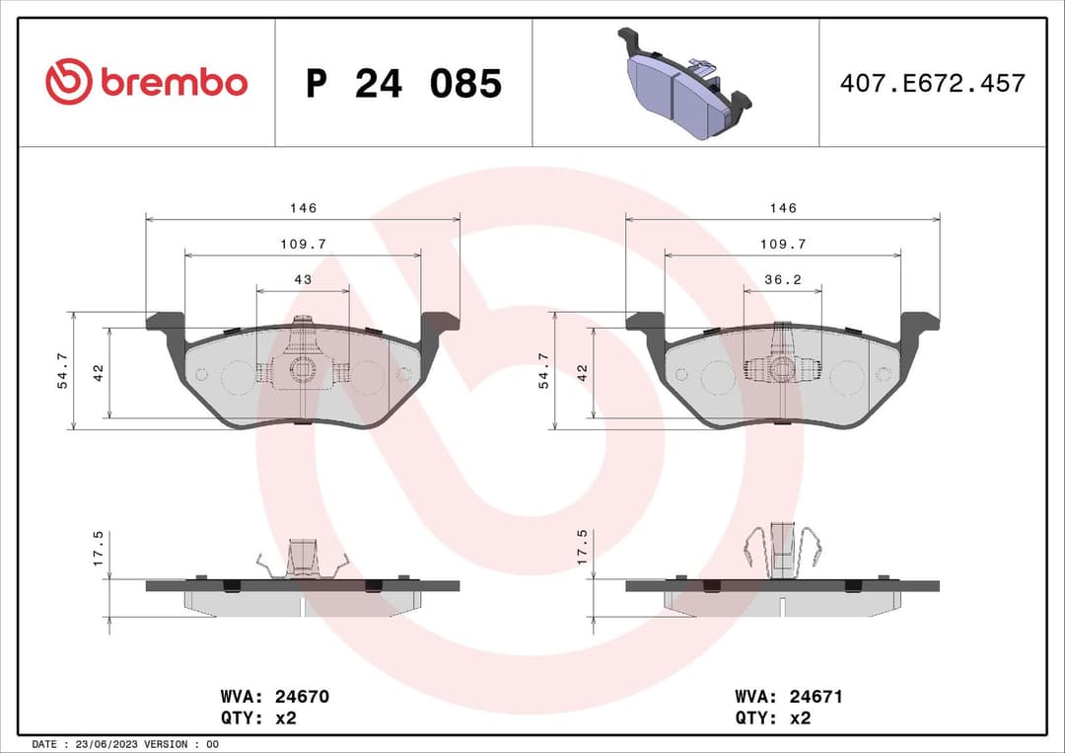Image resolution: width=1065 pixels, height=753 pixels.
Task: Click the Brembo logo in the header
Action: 146,83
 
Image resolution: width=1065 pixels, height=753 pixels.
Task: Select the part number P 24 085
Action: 403,84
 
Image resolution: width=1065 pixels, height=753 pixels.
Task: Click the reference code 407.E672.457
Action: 932,83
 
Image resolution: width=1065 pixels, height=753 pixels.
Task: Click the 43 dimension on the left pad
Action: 303,280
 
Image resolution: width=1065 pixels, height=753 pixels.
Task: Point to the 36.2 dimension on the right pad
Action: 783,280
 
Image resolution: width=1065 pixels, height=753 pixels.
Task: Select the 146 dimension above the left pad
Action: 303,208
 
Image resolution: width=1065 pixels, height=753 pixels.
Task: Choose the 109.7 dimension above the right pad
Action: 783,244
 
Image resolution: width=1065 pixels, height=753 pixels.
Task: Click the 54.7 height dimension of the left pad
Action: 63,370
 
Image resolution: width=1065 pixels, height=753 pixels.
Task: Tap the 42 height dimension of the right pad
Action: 582,372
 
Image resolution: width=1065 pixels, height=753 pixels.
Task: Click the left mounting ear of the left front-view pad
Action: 166,324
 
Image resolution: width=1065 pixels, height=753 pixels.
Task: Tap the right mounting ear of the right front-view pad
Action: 919,324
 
